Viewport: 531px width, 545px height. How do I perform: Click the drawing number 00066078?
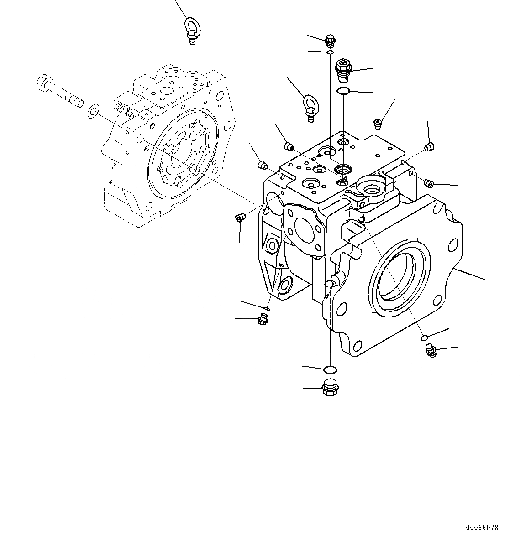(482, 528)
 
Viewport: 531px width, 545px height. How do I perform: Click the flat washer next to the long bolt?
(93, 110)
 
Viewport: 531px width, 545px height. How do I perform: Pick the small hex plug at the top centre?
(330, 41)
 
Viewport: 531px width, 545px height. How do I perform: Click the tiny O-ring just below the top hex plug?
(330, 53)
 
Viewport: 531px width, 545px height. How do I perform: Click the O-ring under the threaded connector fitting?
(343, 92)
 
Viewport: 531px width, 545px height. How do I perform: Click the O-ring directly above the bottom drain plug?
(330, 369)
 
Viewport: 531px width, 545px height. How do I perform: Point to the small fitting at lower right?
(431, 351)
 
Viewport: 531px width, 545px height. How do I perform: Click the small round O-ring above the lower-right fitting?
(424, 337)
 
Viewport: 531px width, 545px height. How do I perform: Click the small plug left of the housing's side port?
(240, 218)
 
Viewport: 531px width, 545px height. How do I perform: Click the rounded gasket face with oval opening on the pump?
(304, 228)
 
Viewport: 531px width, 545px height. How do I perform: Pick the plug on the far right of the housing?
(428, 183)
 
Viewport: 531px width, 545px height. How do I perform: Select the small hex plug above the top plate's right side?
(377, 123)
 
